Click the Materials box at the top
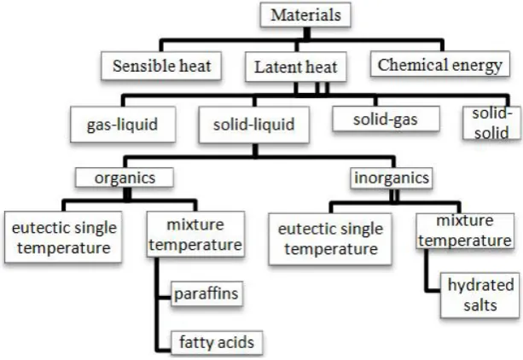(x=305, y=15)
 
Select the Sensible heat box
(x=161, y=66)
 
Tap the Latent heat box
(x=296, y=67)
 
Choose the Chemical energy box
(x=440, y=64)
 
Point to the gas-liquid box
(x=123, y=125)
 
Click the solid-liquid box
(x=254, y=125)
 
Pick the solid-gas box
(x=386, y=119)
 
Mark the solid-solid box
(x=491, y=123)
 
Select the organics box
(x=125, y=177)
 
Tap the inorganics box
(x=392, y=177)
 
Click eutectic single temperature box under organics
(x=63, y=237)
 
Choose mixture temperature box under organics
(x=195, y=235)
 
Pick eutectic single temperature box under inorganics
(x=330, y=239)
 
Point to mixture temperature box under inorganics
(x=465, y=231)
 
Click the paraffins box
(x=206, y=293)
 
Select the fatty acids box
(x=217, y=342)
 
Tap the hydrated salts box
(x=480, y=295)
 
